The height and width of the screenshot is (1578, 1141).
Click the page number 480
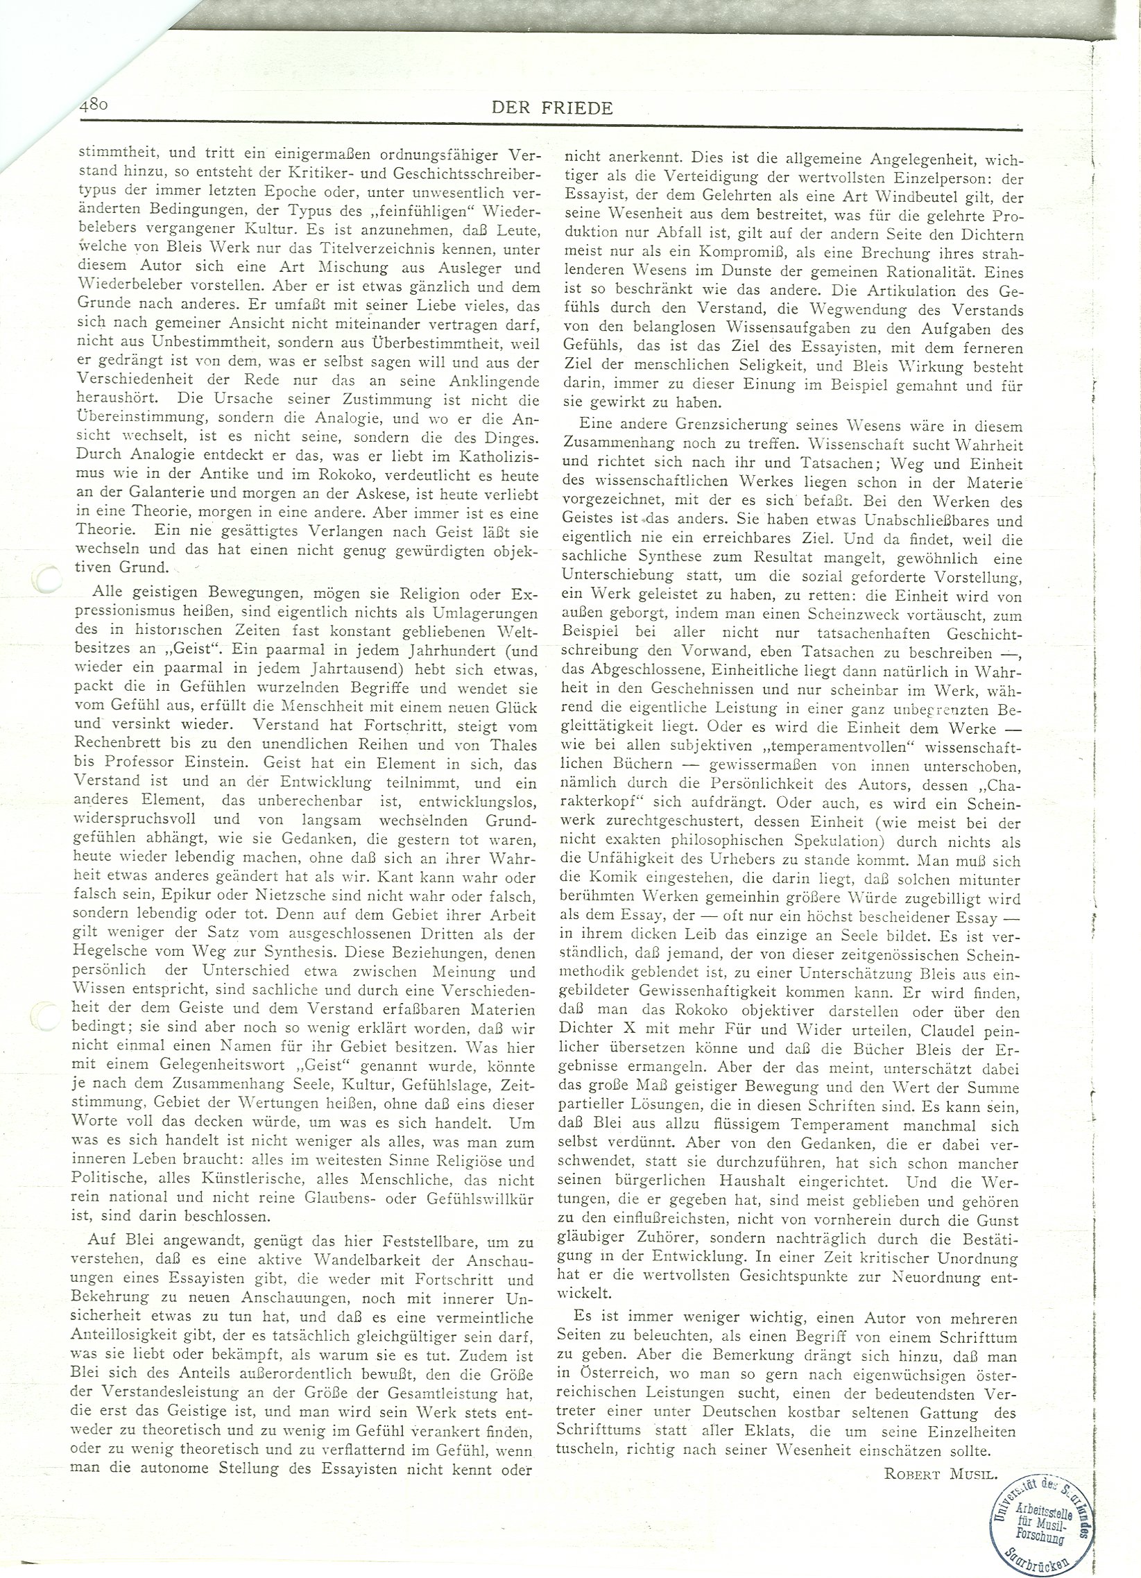point(91,105)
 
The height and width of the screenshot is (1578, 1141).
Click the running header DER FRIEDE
point(551,108)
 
